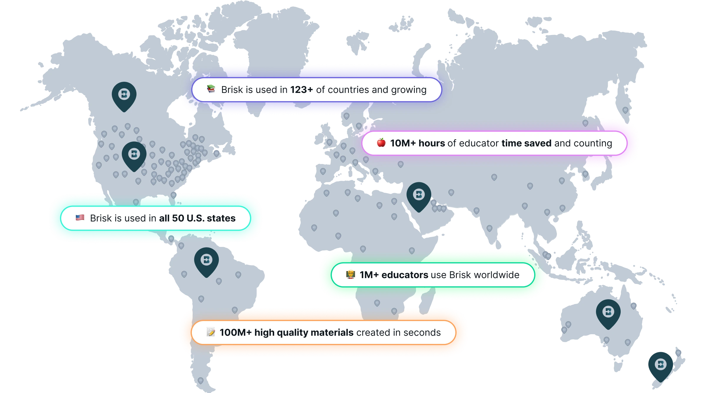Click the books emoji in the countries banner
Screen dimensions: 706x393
211,89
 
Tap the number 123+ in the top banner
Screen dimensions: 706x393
301,90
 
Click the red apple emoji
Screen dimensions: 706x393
381,143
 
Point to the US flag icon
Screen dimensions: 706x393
80,218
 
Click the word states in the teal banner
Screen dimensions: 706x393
221,218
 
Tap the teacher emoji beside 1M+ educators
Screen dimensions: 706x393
350,275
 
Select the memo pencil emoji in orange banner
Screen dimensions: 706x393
211,332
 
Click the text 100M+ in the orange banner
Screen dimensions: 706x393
235,332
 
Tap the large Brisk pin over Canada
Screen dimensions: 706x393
124,95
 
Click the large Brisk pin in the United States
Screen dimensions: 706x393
134,155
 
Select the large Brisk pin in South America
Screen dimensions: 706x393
207,260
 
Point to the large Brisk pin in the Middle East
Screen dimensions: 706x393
419,195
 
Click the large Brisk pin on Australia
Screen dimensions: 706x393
608,312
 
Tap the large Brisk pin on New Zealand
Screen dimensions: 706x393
660,365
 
